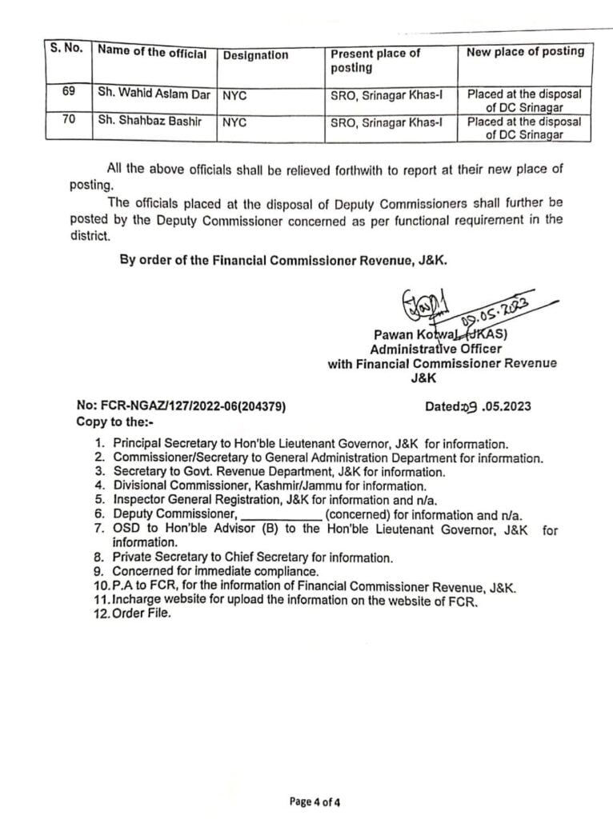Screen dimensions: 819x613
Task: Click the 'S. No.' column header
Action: point(66,49)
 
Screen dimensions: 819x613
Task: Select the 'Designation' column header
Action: point(256,55)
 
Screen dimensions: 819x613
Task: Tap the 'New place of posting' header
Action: point(526,52)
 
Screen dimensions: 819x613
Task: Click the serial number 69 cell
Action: point(68,93)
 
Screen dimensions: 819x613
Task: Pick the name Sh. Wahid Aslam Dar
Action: point(154,94)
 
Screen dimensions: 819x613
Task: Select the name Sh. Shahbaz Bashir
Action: point(149,121)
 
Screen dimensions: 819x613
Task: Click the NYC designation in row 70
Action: point(234,122)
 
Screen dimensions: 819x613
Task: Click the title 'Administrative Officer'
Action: point(435,349)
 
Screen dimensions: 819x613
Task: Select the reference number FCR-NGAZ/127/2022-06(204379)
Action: point(181,406)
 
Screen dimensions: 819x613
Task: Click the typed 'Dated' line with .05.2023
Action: point(478,406)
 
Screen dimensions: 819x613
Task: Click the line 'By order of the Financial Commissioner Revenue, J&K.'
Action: point(282,260)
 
